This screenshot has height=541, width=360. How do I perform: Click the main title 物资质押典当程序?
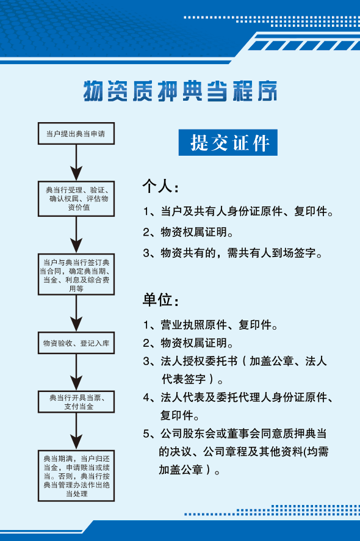point(180,91)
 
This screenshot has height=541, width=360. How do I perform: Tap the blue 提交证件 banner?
point(228,142)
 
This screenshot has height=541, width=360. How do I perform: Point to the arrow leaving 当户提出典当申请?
point(76,163)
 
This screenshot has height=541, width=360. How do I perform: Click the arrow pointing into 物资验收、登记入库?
point(76,314)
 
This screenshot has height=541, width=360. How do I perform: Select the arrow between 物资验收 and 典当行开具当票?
point(76,372)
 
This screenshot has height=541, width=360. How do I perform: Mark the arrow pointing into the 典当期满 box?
point(76,432)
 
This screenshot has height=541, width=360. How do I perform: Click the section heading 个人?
point(160,187)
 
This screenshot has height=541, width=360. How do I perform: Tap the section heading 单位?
point(160,299)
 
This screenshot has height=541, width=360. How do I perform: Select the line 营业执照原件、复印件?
point(219,325)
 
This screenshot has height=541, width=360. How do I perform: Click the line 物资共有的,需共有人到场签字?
point(242,253)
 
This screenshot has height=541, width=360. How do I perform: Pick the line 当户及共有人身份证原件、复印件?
point(247,211)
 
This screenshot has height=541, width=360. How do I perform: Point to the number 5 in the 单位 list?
point(146,434)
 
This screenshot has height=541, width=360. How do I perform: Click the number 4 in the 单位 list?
point(146,398)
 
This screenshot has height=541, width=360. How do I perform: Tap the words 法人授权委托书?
point(199,361)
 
